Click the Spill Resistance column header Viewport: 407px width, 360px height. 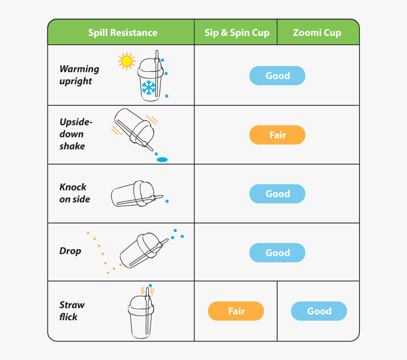click(x=123, y=33)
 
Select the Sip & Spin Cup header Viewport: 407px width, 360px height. click(x=237, y=33)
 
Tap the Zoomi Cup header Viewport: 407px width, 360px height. click(x=317, y=33)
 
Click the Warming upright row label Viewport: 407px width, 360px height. click(x=79, y=75)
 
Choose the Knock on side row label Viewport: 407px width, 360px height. click(x=75, y=193)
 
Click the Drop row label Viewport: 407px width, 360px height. click(x=71, y=251)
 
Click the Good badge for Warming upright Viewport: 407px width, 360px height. click(x=277, y=76)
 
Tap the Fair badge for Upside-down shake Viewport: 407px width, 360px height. click(x=277, y=135)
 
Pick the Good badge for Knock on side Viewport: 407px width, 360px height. click(x=277, y=194)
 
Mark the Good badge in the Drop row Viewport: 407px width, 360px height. click(x=277, y=253)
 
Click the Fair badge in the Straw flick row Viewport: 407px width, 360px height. click(x=236, y=311)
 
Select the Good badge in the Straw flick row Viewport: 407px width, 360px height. click(x=319, y=311)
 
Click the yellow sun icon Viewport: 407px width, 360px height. click(x=126, y=61)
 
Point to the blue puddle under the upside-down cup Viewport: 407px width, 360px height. click(x=162, y=160)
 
